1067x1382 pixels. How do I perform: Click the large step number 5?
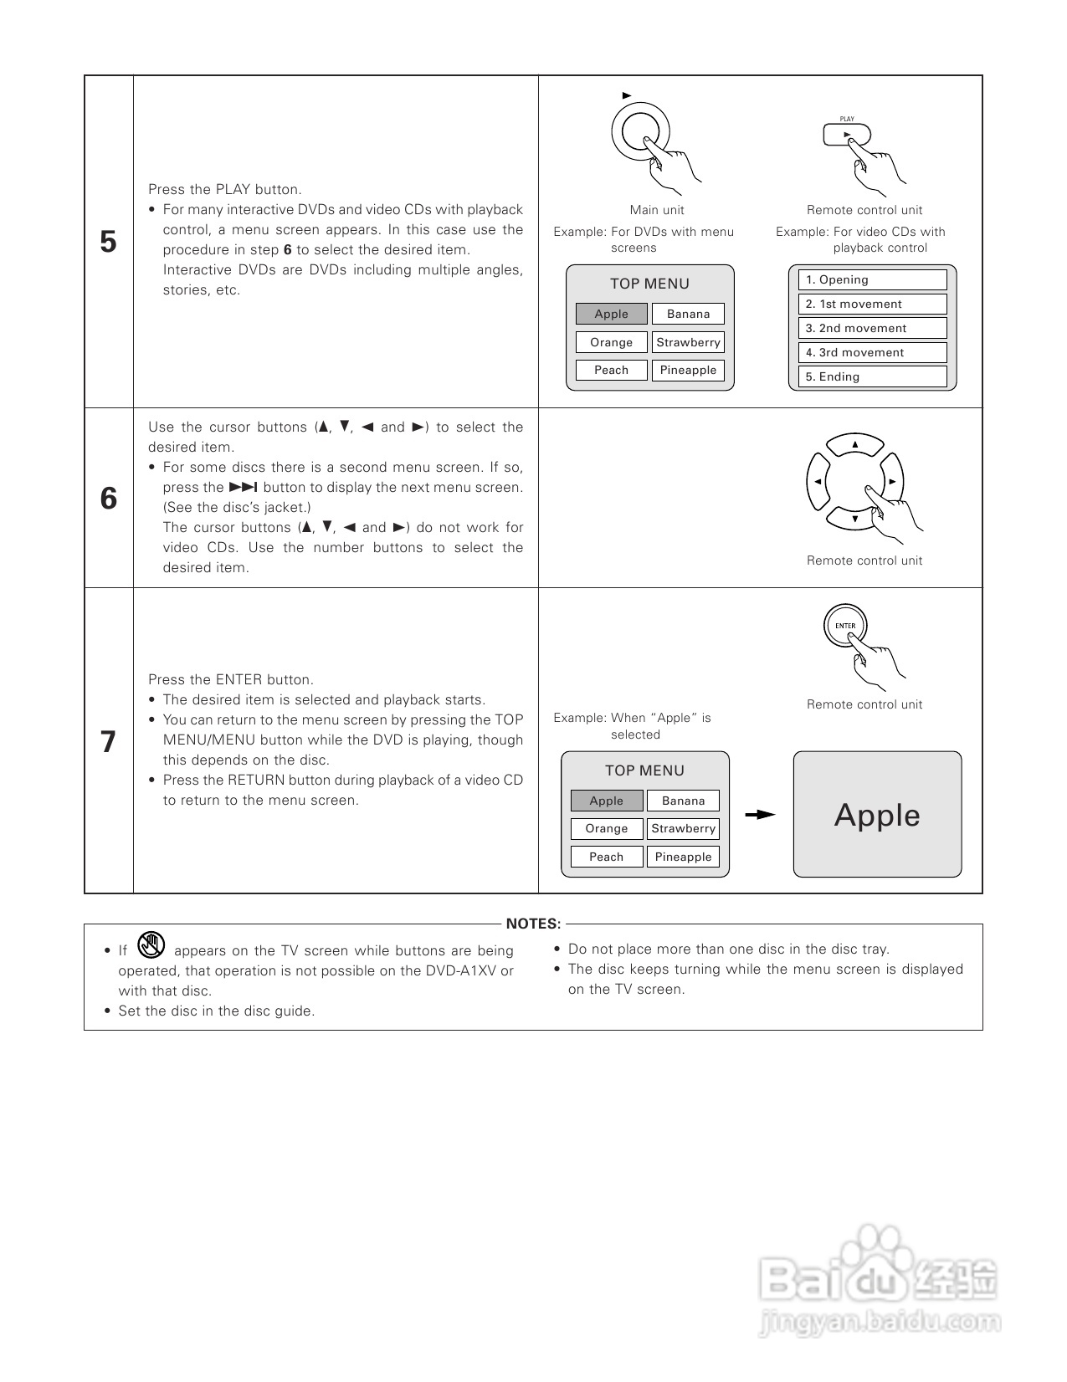108,242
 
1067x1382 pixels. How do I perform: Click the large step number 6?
108,499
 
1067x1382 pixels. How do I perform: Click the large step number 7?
108,742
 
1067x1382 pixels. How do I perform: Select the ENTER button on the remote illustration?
845,626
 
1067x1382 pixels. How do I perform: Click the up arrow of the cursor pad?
854,444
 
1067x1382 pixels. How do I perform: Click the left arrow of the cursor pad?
817,482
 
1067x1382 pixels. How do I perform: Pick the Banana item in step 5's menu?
688,314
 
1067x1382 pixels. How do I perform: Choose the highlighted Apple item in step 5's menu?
611,314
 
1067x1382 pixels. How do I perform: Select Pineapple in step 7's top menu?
683,857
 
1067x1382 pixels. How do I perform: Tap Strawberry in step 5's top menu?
688,342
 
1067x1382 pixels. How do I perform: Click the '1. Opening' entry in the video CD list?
872,280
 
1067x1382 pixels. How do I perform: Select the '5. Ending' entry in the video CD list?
872,376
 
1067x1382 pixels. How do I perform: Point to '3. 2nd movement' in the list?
872,328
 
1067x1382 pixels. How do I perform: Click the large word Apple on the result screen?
877,815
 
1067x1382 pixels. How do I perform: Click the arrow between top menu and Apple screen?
760,815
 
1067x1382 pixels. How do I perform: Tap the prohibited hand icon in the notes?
151,945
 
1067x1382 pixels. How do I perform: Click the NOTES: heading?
533,924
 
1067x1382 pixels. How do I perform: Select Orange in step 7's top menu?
607,828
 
